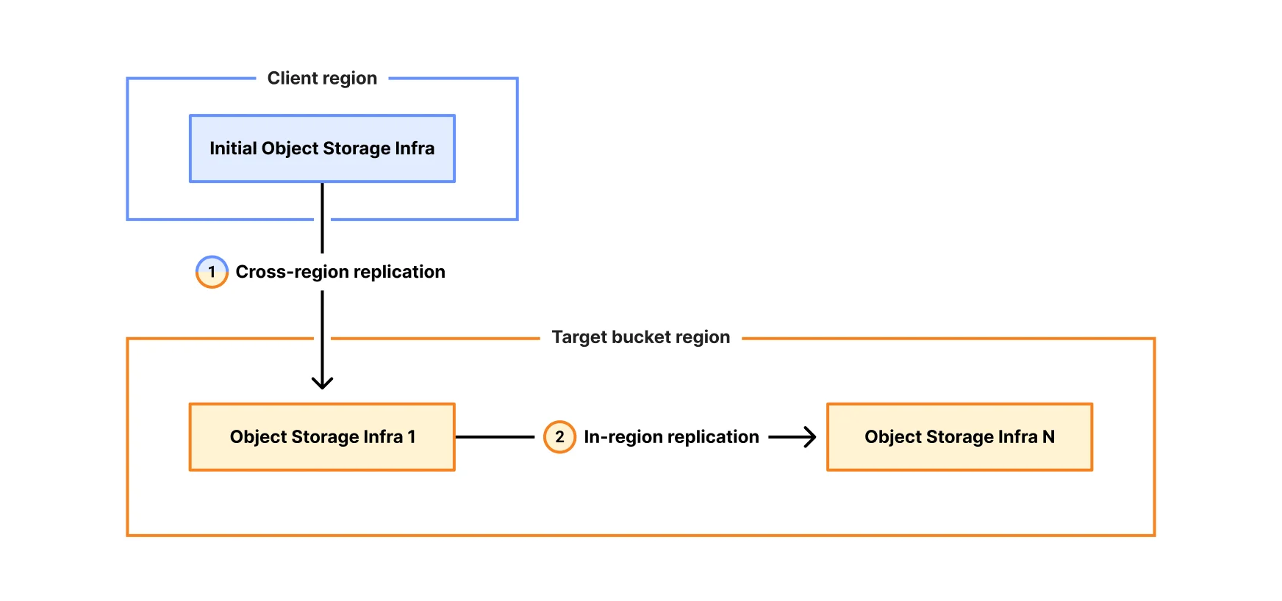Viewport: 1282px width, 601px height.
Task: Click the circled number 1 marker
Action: click(x=212, y=272)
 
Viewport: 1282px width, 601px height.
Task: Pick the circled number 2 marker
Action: click(x=559, y=437)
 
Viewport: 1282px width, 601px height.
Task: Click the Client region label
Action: click(x=322, y=78)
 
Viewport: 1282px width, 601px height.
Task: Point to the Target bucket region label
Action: click(x=640, y=337)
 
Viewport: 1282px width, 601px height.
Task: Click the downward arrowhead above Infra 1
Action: click(x=322, y=382)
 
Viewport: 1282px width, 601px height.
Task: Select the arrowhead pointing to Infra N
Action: click(x=809, y=437)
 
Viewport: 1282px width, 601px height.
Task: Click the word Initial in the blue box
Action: click(x=233, y=148)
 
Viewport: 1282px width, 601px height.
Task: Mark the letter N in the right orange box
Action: click(x=1048, y=437)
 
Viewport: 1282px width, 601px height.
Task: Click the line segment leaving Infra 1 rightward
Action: click(x=494, y=437)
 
